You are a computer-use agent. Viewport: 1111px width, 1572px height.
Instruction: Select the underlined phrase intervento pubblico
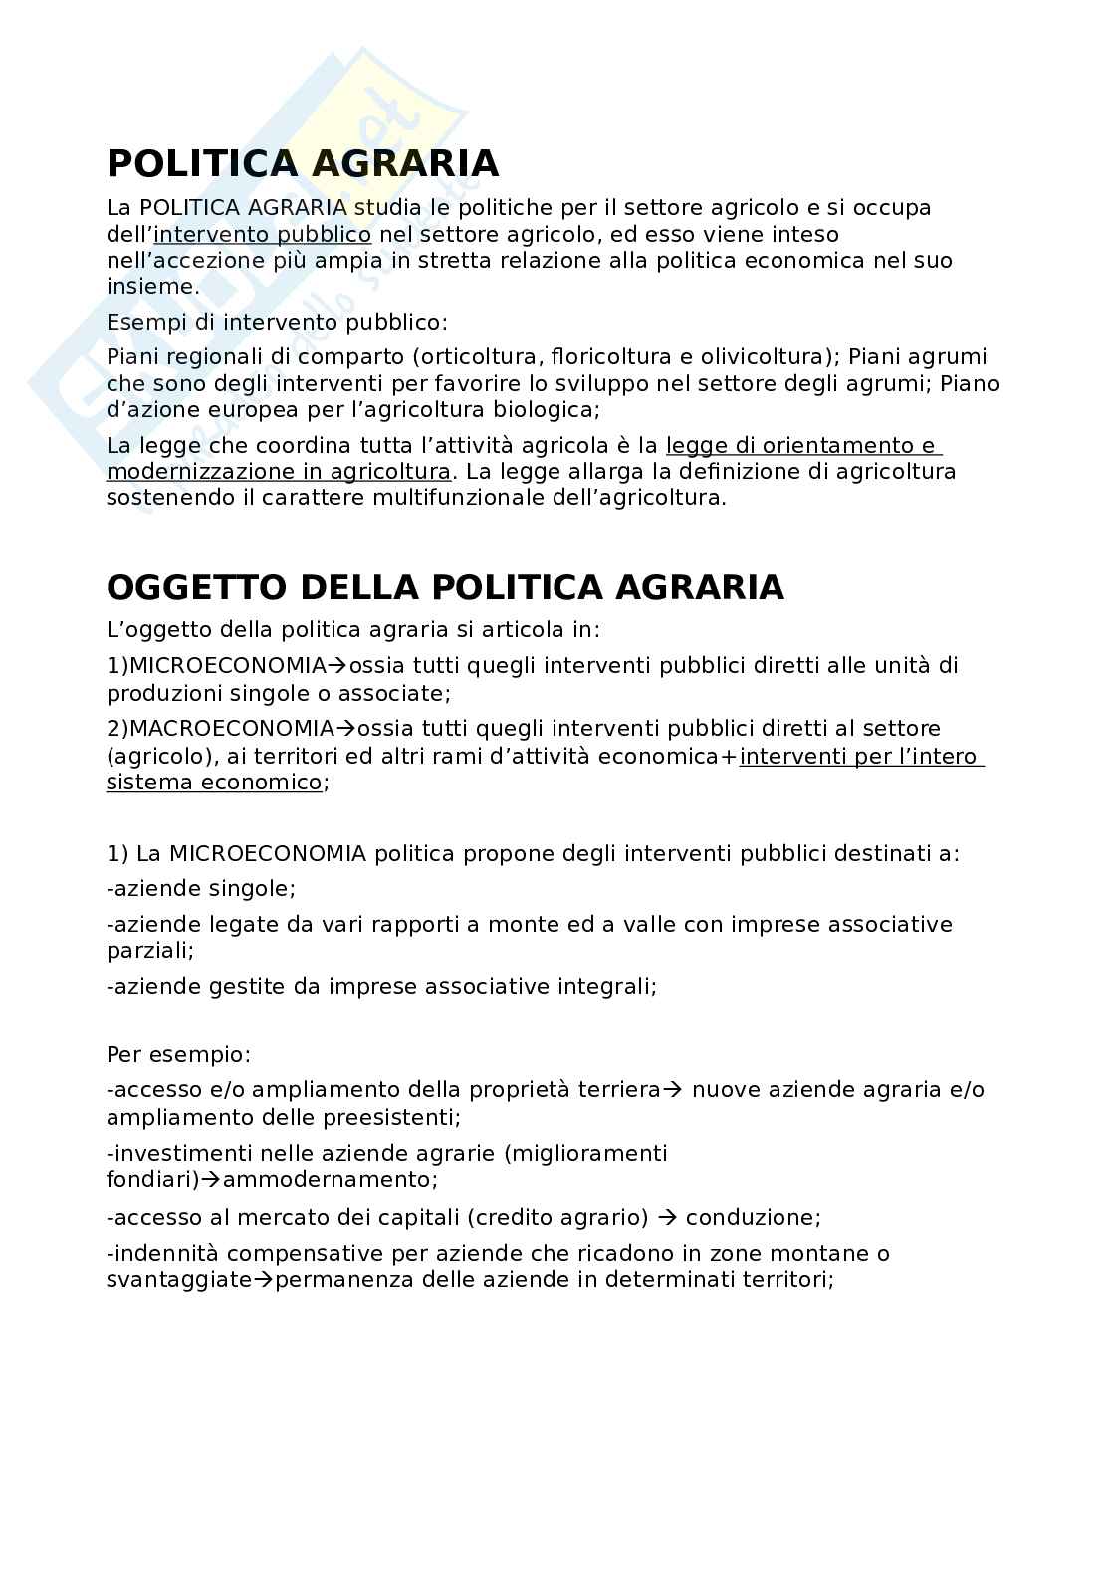263,235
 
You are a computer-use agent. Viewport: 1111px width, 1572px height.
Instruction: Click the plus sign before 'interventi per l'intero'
732,757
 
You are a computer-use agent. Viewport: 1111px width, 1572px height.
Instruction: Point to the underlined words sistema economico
214,783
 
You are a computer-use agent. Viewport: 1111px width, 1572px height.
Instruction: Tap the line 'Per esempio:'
179,1054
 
